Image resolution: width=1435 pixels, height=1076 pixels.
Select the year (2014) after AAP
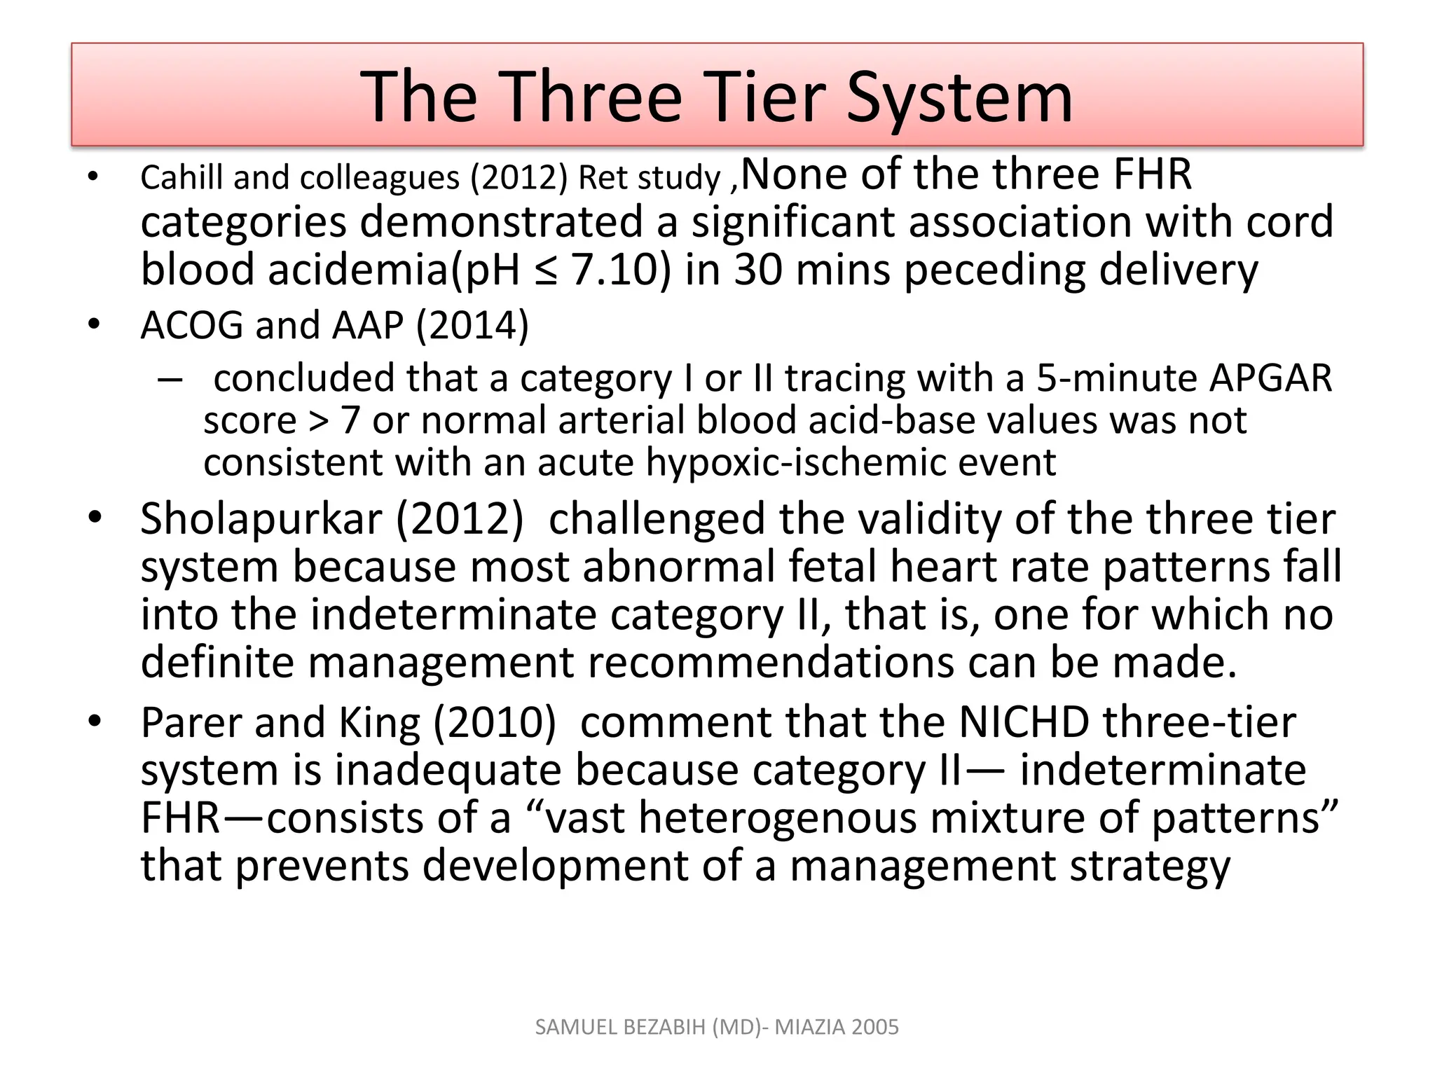[x=472, y=326]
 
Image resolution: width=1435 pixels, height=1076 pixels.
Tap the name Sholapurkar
[x=261, y=519]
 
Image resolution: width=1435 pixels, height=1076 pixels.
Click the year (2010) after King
[x=495, y=722]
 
